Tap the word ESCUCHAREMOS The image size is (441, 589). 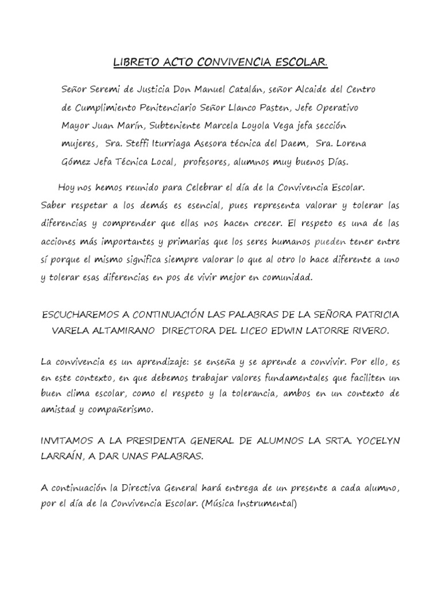pos(83,314)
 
